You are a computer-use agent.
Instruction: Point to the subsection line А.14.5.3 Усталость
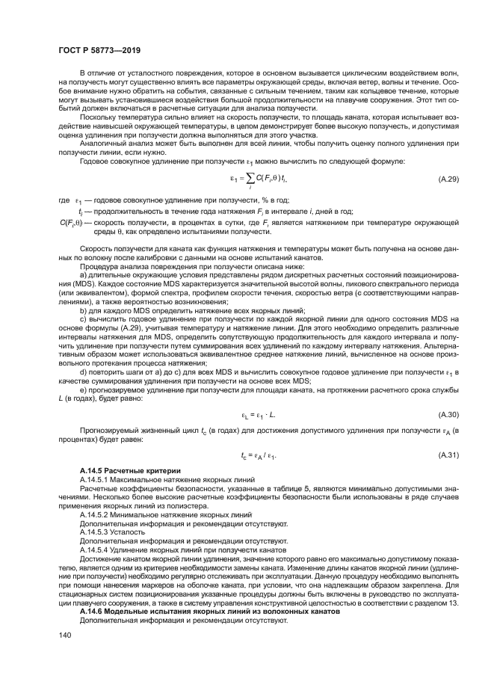click(108, 532)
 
